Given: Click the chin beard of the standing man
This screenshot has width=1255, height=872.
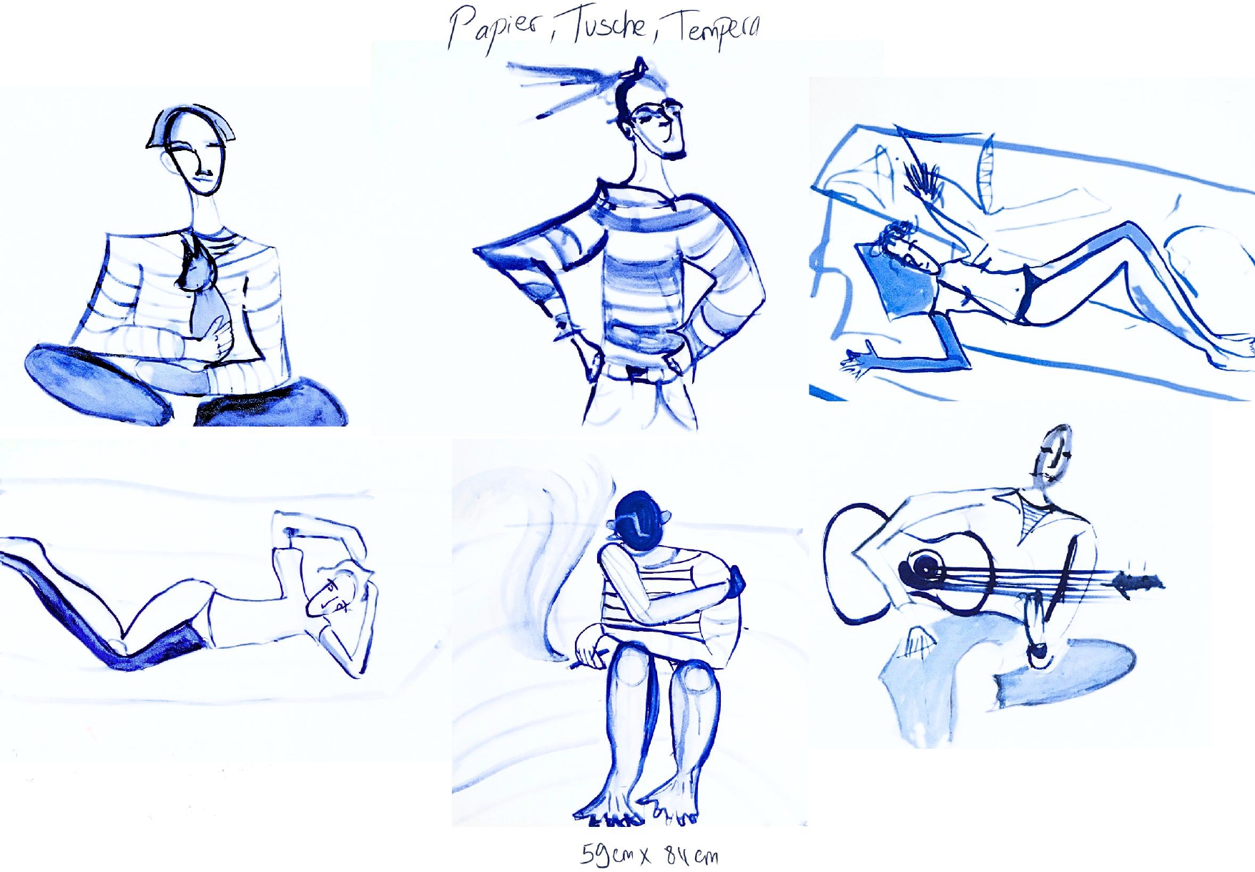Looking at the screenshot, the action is pos(673,153).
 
